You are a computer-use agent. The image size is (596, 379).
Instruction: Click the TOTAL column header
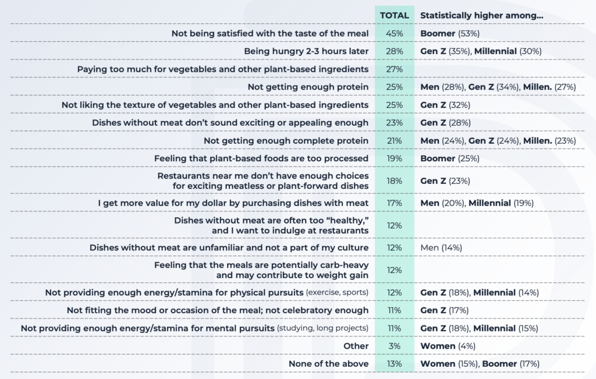point(394,15)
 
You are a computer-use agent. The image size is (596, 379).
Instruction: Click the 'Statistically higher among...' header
point(481,15)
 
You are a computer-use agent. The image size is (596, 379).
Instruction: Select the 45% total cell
point(394,33)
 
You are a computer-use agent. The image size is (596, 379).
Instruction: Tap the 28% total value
point(394,51)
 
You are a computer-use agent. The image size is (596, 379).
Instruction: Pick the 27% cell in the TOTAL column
point(394,69)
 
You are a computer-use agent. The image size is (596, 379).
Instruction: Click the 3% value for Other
point(394,346)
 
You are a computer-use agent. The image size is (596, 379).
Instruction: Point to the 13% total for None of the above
point(394,364)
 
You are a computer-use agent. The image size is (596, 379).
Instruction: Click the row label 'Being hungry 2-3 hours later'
point(306,51)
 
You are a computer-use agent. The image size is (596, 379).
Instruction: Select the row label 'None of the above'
point(328,364)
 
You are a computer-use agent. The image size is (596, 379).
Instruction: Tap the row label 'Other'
point(356,346)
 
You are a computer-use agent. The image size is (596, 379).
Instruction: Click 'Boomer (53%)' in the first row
point(445,33)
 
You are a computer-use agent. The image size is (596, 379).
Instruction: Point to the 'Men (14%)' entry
point(441,247)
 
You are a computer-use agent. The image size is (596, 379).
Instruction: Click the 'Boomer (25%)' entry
point(445,158)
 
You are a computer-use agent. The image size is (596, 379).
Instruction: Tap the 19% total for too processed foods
point(394,158)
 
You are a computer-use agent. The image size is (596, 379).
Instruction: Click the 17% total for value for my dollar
point(394,203)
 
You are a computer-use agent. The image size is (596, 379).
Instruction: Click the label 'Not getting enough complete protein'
point(286,140)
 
